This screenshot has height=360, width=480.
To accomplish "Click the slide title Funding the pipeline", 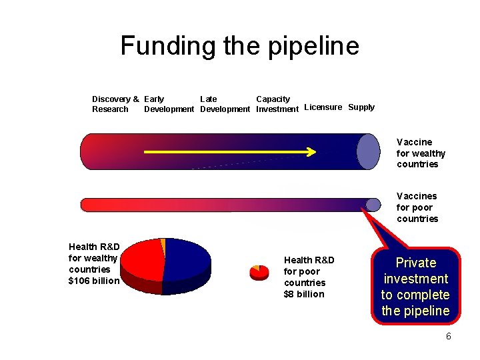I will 239,46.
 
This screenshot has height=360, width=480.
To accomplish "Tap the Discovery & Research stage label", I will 115,104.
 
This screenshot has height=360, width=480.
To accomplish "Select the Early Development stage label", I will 169,104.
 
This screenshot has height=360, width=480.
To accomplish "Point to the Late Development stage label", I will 225,104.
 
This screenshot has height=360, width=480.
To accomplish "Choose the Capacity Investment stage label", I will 277,104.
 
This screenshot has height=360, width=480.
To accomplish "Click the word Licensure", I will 323,107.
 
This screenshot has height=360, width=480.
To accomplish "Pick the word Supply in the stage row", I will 361,107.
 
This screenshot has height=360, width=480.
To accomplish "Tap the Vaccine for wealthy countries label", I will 421,153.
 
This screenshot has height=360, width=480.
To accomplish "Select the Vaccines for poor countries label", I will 417,207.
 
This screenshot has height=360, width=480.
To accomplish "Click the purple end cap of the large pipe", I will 368,151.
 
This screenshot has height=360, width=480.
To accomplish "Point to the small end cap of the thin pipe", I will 373,204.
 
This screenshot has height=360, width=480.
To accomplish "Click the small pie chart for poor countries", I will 259,272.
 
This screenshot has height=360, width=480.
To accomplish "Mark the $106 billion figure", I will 94,281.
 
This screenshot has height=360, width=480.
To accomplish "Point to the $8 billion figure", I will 304,294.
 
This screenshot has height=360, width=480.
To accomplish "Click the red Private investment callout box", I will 415,287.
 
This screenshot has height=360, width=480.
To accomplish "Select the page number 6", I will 449,336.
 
